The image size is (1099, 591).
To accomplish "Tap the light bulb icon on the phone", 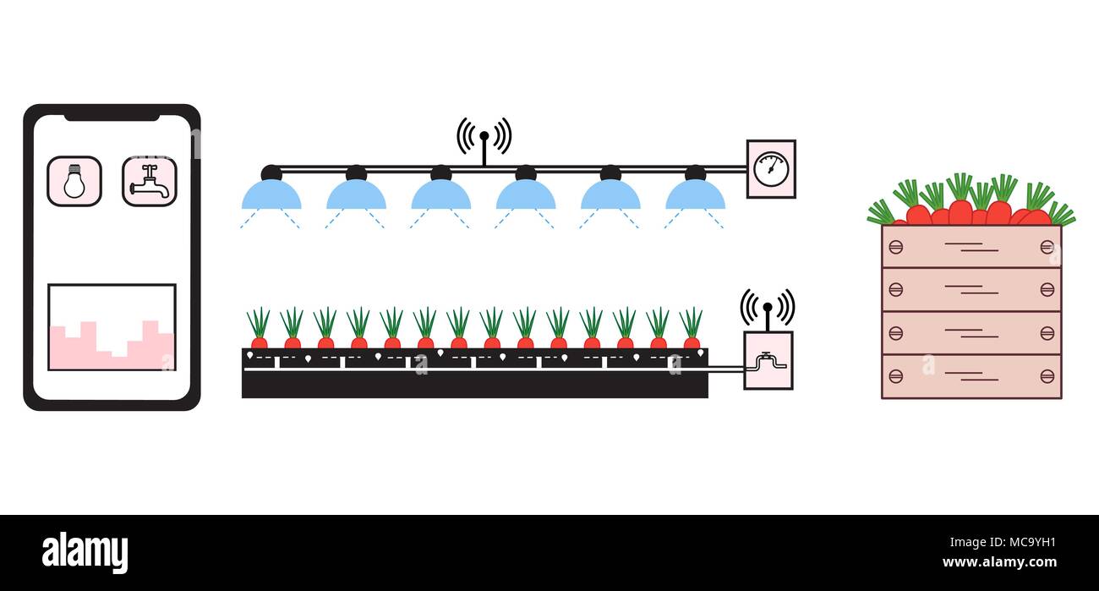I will tap(74, 181).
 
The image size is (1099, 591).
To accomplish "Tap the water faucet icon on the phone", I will tap(150, 181).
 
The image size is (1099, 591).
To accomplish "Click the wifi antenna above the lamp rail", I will tap(484, 138).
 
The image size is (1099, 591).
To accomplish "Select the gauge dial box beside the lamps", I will tap(771, 168).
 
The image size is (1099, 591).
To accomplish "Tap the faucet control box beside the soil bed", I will tap(768, 361).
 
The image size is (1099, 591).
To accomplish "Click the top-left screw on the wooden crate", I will tap(895, 246).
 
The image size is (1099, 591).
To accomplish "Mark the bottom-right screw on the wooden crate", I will tap(1047, 375).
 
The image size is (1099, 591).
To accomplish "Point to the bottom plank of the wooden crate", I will tap(971, 376).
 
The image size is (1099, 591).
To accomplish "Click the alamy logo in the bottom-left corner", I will tap(85, 553).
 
